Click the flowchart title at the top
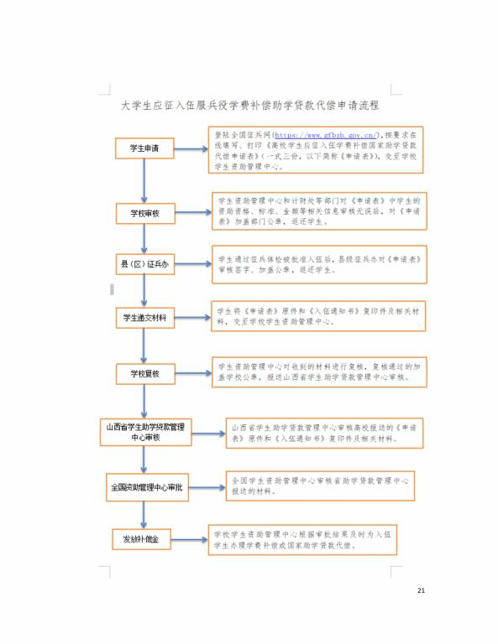click(249, 105)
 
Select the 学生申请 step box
click(144, 148)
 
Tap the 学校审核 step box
click(145, 214)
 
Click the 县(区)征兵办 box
click(144, 263)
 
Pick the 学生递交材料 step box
click(144, 318)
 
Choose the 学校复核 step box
click(145, 374)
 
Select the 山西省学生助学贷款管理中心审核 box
click(145, 432)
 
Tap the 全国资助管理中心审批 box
click(147, 487)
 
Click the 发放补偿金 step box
click(141, 539)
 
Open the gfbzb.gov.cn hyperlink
click(326, 135)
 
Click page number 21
click(421, 590)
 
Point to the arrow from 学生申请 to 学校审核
click(144, 181)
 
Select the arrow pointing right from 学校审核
click(193, 212)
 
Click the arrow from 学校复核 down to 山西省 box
click(144, 402)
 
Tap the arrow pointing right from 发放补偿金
click(190, 539)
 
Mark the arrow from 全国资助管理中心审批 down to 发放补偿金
click(144, 515)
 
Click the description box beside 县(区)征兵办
click(319, 264)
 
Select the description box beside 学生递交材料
click(318, 316)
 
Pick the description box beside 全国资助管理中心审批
click(320, 486)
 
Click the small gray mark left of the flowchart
click(112, 289)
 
